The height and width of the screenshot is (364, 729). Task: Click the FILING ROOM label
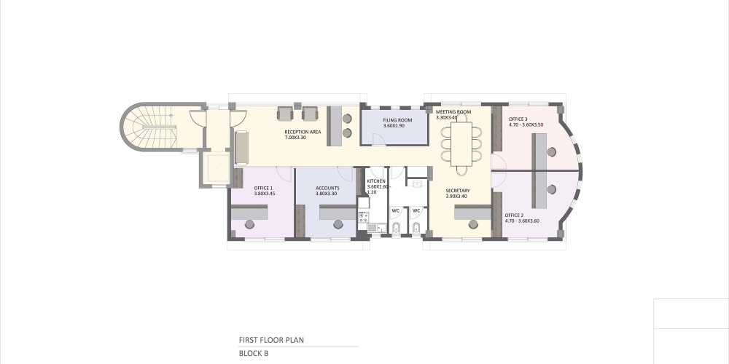[x=397, y=120]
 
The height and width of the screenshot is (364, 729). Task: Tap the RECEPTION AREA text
[x=303, y=132]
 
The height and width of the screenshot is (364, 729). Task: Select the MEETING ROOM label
[x=453, y=112]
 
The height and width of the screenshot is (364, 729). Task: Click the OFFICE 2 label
[x=514, y=215]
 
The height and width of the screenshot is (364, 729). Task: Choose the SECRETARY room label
[x=458, y=190]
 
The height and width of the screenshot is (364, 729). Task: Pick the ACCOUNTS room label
[x=327, y=188]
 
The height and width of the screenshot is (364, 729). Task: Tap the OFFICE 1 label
[x=264, y=188]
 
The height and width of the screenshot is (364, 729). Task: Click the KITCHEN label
[x=375, y=181]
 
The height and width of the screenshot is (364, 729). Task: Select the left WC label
[x=396, y=210]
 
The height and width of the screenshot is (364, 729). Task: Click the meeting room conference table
[x=461, y=143]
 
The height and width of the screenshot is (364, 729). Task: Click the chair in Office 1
[x=249, y=225]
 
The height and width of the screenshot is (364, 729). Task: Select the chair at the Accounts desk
[x=338, y=225]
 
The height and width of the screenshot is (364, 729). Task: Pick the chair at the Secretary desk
[x=473, y=225]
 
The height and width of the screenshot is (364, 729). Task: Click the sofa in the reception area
[x=242, y=148]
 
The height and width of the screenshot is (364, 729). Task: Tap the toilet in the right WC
[x=416, y=228]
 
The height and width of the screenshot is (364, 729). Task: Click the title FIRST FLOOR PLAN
[x=271, y=340]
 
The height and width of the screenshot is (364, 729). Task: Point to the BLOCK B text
[x=254, y=353]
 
